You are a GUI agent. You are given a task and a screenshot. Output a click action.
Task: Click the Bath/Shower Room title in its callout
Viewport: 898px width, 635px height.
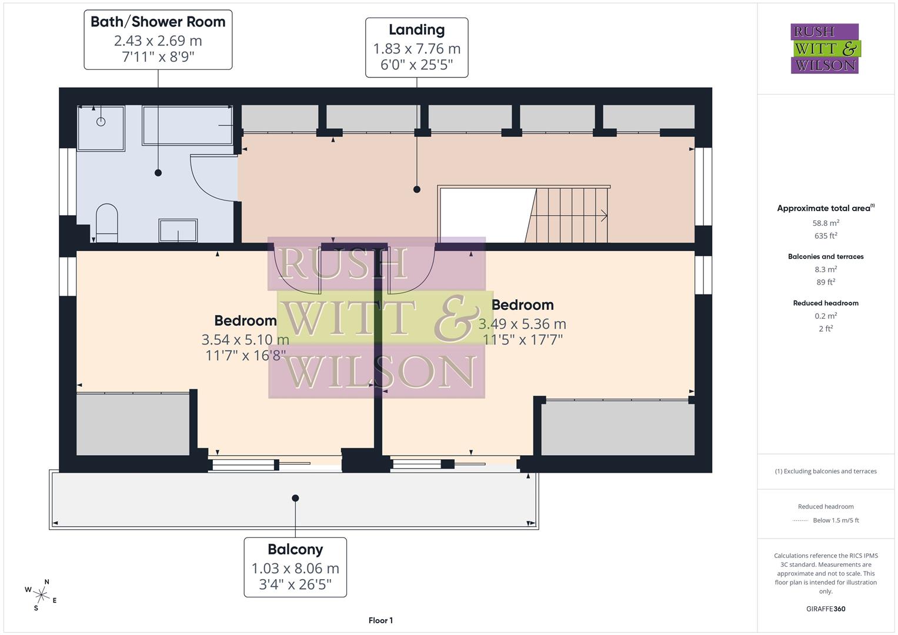[158, 22]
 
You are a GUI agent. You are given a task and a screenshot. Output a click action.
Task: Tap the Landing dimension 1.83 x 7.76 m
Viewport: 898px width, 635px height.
[416, 49]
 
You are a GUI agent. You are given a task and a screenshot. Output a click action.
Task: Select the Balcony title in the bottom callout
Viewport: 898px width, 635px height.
[295, 550]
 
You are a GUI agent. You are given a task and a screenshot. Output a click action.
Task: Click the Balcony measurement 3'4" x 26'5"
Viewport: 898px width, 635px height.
[295, 584]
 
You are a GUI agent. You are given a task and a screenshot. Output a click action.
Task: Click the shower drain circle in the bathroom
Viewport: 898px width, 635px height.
[101, 122]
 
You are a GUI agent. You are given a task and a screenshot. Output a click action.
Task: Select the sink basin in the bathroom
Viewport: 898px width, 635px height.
[178, 230]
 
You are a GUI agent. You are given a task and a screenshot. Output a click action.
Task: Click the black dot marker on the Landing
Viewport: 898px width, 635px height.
[417, 189]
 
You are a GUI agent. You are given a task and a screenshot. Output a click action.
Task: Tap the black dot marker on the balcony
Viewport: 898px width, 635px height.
[296, 498]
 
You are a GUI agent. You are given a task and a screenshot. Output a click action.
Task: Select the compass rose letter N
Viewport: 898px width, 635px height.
[47, 582]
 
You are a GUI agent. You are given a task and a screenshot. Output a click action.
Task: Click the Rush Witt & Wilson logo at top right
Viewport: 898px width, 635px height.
[825, 49]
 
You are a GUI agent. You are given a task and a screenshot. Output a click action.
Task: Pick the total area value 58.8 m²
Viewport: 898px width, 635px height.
[826, 223]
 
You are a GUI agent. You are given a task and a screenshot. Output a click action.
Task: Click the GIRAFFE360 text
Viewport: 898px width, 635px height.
[826, 609]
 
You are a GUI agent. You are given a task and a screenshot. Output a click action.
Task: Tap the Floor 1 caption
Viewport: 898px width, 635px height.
[380, 620]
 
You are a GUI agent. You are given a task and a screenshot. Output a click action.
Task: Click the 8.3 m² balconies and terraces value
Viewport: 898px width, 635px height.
[826, 269]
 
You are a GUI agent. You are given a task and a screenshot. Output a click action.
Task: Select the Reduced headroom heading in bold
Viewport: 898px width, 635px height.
[826, 303]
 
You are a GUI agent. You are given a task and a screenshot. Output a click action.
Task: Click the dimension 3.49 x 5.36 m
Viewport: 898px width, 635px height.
[522, 324]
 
